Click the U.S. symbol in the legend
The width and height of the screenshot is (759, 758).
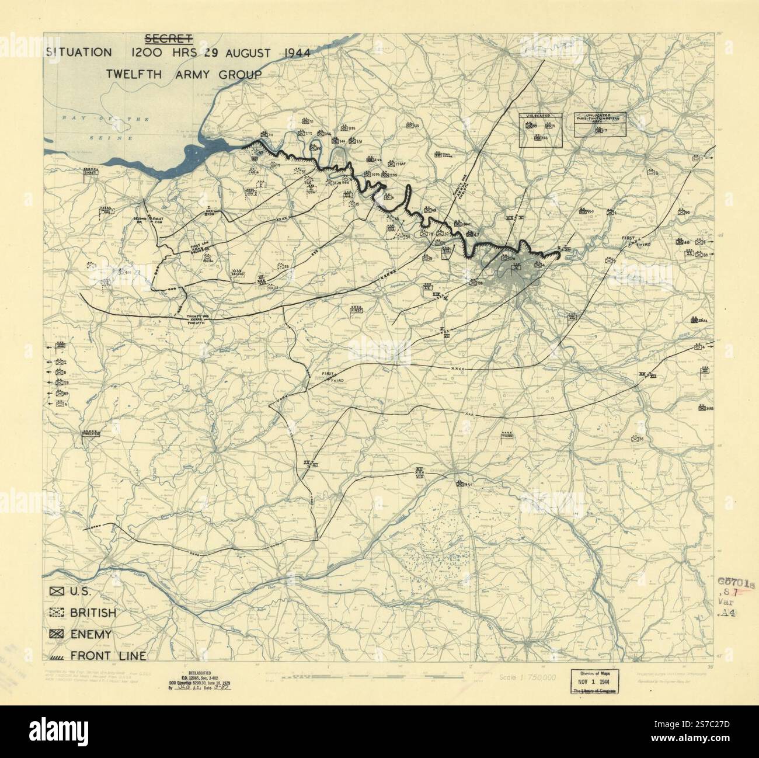[57, 591]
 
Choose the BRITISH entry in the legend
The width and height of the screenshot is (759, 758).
[57, 613]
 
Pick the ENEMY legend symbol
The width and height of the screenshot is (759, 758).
[57, 634]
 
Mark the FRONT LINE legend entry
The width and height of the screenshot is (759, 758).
[57, 655]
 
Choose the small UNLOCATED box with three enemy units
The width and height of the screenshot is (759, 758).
[541, 128]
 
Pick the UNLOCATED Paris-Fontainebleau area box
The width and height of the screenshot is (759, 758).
[599, 124]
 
